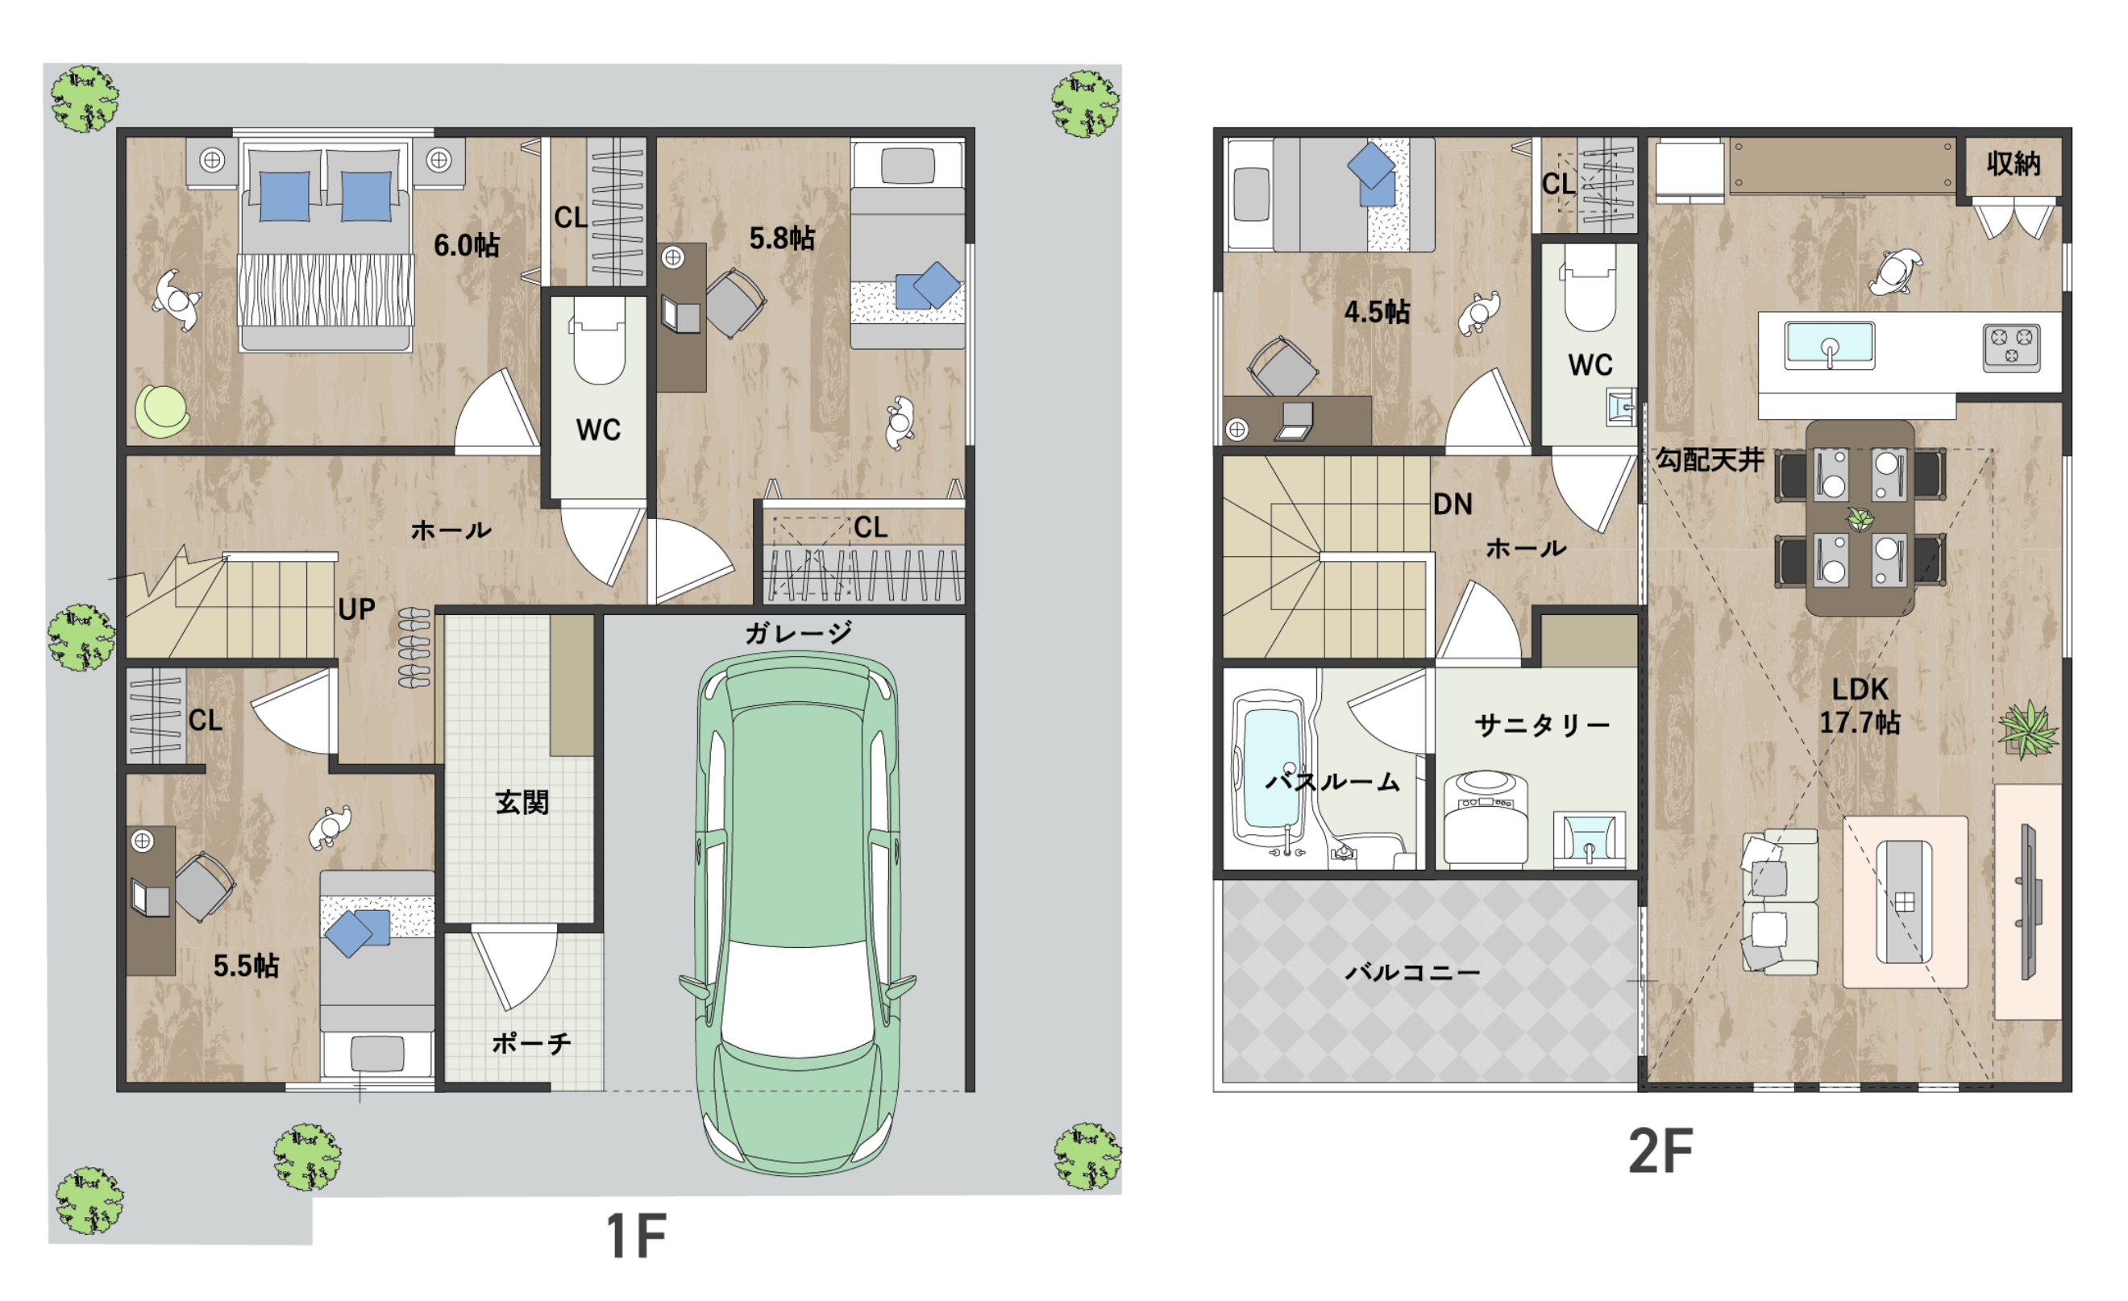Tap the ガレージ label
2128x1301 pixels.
coord(798,634)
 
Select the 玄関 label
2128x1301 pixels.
coord(522,803)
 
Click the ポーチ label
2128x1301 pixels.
coord(531,1044)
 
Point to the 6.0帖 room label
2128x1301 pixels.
coord(467,245)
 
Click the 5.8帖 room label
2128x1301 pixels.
coord(782,239)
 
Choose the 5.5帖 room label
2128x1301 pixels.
coord(246,966)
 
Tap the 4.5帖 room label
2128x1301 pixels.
coord(1377,311)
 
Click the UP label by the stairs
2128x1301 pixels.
coord(355,610)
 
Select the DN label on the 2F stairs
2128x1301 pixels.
coord(1452,505)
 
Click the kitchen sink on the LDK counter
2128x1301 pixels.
coord(1829,346)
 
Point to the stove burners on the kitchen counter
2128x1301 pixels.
coord(2011,347)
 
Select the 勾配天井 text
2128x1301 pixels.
coord(1709,459)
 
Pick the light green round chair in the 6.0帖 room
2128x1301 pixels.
coord(161,410)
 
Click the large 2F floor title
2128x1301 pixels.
coord(1660,1151)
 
